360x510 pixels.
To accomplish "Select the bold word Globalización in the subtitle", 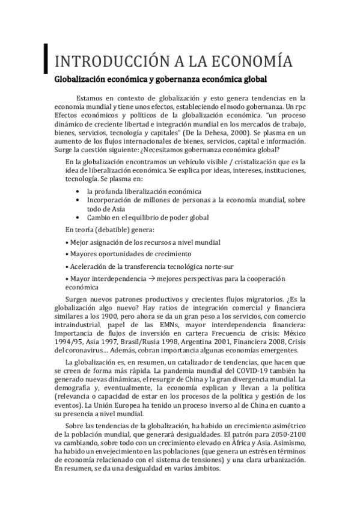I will (81, 79).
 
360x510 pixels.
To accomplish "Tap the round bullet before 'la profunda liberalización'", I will (79, 191).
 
